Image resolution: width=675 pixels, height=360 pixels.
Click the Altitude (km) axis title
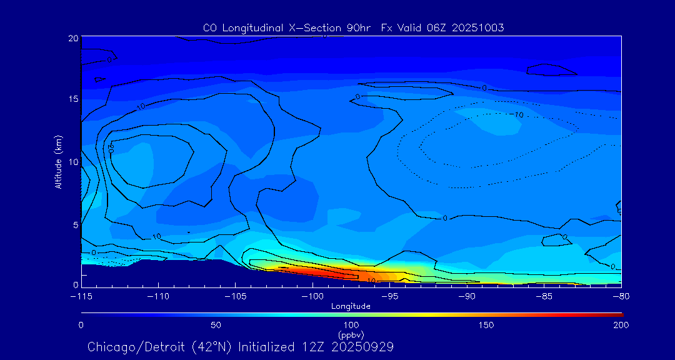coord(59,162)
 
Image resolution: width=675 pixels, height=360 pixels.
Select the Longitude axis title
coord(351,306)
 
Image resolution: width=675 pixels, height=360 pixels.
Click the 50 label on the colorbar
coord(216,325)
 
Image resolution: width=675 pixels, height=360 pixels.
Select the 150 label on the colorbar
coord(486,325)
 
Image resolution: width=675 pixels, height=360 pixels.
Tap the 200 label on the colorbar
coord(621,325)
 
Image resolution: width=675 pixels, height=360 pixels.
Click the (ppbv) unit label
coord(351,334)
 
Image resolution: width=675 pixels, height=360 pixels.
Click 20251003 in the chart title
coord(479,27)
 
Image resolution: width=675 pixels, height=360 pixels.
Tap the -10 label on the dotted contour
coord(517,115)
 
